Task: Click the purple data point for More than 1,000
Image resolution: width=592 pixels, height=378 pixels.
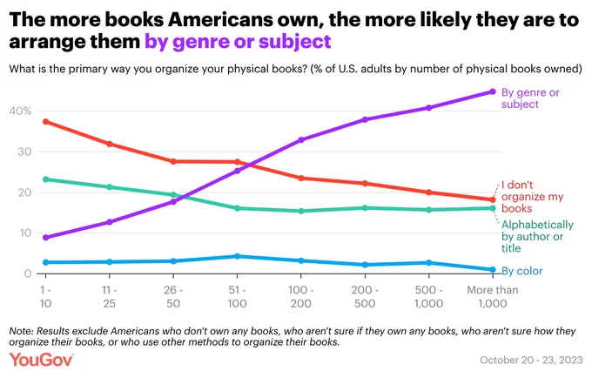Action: point(493,91)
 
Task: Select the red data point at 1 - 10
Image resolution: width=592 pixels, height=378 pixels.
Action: point(45,122)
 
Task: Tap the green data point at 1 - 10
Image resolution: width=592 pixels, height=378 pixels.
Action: point(45,179)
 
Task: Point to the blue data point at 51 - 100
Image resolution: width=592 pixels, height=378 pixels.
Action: point(237,256)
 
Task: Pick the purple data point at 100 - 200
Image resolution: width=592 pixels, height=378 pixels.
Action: point(301,139)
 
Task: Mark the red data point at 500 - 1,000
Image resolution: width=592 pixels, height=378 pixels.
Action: point(428,192)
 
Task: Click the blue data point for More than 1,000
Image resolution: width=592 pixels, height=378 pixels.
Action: point(493,270)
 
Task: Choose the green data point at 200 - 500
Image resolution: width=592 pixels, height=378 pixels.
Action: point(365,207)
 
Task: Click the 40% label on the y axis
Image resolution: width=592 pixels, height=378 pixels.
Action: point(20,111)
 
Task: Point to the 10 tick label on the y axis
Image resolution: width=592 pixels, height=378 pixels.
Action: point(24,233)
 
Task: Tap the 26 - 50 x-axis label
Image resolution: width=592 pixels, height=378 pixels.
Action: point(173,297)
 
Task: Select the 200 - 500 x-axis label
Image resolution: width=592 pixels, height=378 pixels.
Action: point(365,297)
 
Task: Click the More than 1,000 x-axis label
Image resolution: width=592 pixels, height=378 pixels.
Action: point(493,297)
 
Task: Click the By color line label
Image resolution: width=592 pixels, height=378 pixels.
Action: point(521,271)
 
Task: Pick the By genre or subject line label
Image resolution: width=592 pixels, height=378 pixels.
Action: point(530,98)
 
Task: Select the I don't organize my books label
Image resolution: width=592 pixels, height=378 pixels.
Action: point(532,196)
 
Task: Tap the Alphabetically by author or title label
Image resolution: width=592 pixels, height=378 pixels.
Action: point(537,236)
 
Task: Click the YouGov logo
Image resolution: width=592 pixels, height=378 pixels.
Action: point(41,360)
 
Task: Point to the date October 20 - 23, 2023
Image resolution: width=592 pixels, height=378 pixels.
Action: point(531,360)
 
